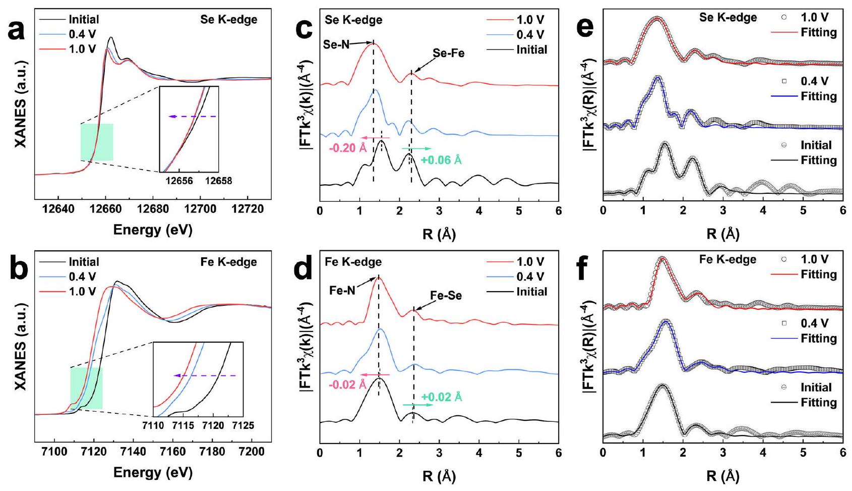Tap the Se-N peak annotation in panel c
336,44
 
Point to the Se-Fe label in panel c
448,53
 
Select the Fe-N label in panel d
342,290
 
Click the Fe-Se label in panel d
446,296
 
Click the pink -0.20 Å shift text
347,149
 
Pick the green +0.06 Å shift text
441,160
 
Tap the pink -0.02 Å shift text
347,385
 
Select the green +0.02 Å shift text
441,397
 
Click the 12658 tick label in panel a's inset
218,181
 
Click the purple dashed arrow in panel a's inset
193,117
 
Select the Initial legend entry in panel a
84,20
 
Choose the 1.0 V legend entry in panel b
82,292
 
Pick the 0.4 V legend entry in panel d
530,277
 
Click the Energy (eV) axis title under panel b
153,472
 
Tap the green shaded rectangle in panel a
97,142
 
